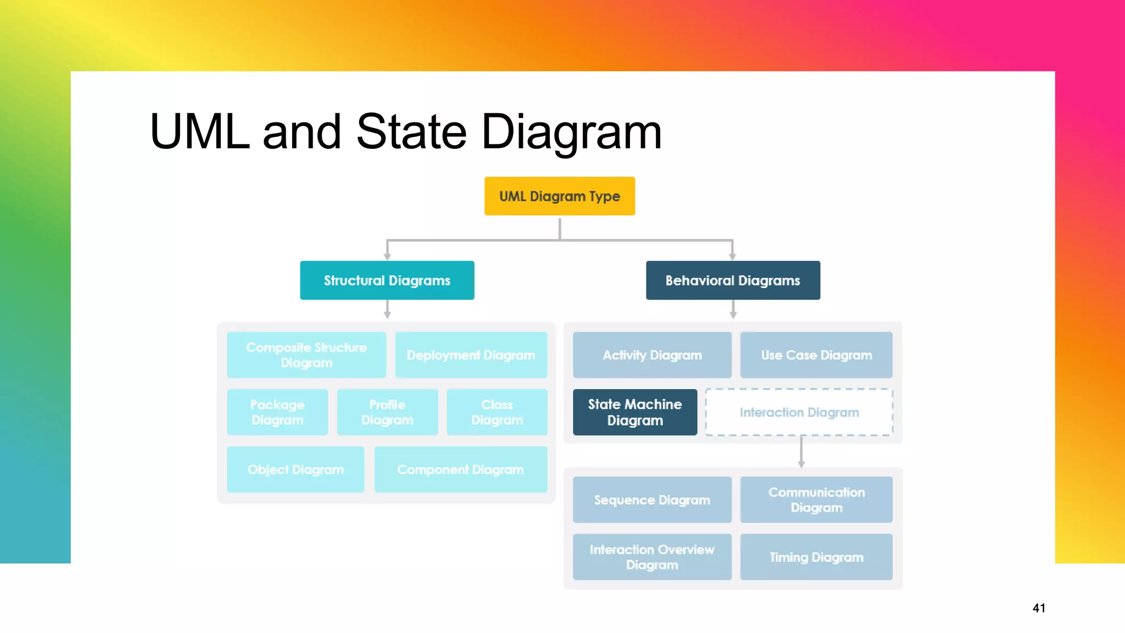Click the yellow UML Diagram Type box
click(x=559, y=196)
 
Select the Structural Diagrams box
click(x=387, y=280)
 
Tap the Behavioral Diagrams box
click(x=733, y=280)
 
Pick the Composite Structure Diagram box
click(x=307, y=355)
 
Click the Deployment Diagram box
click(x=471, y=355)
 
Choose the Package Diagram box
click(x=277, y=412)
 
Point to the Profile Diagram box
click(x=387, y=412)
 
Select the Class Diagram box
click(x=497, y=412)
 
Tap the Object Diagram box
click(x=296, y=469)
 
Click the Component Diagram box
click(x=460, y=469)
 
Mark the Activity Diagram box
click(x=652, y=355)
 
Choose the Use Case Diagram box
click(x=816, y=355)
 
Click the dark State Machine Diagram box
click(x=635, y=412)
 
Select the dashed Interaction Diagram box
click(x=799, y=412)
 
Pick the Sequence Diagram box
click(x=652, y=499)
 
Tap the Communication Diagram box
click(x=816, y=499)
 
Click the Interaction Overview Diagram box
click(x=652, y=557)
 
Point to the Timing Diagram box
click(x=816, y=557)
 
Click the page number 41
click(x=1039, y=608)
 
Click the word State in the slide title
click(x=411, y=132)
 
